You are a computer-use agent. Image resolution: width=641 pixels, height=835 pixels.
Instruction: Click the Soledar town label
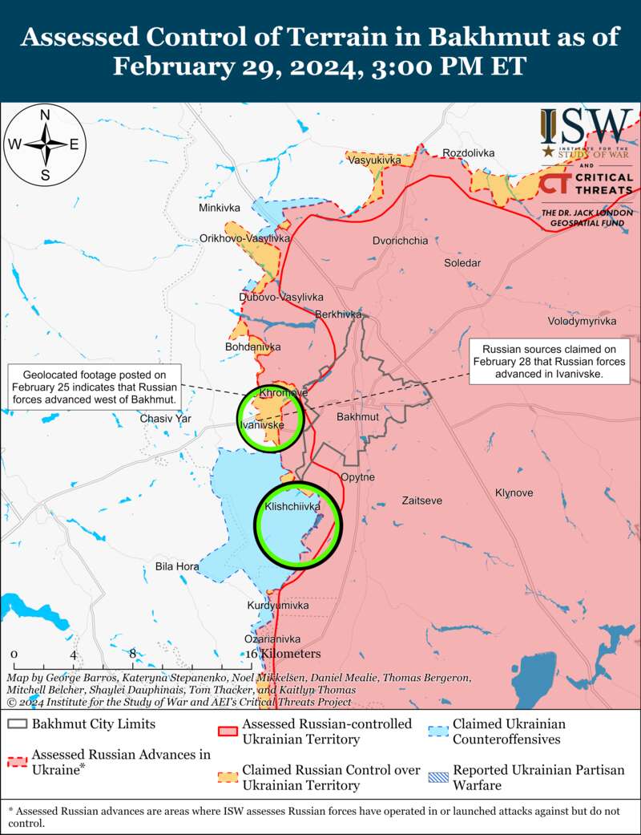[462, 263]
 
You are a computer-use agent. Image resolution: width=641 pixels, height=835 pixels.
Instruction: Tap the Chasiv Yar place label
[166, 419]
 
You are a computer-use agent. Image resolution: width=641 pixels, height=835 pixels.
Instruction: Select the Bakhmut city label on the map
[357, 418]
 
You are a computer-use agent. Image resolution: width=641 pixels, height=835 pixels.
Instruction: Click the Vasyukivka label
[374, 160]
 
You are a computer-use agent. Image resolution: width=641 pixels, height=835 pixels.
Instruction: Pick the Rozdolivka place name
[469, 152]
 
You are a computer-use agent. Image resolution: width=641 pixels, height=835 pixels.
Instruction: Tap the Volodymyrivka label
[582, 321]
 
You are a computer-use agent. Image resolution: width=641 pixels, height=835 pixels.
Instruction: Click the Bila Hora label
[177, 566]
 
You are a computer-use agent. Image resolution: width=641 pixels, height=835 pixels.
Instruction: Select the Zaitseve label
[421, 501]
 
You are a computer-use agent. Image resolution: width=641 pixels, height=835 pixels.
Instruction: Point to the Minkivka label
[220, 208]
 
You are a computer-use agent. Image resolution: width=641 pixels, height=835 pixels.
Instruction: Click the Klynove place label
[514, 492]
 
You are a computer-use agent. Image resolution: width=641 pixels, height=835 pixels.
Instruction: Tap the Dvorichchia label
[400, 241]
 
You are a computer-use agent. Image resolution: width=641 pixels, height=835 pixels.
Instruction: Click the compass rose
[46, 145]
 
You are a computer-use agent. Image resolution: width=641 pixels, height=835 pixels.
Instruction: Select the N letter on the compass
[46, 116]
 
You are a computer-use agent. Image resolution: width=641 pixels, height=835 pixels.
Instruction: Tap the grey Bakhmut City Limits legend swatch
[17, 724]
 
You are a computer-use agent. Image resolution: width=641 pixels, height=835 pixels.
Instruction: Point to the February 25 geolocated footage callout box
[95, 387]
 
